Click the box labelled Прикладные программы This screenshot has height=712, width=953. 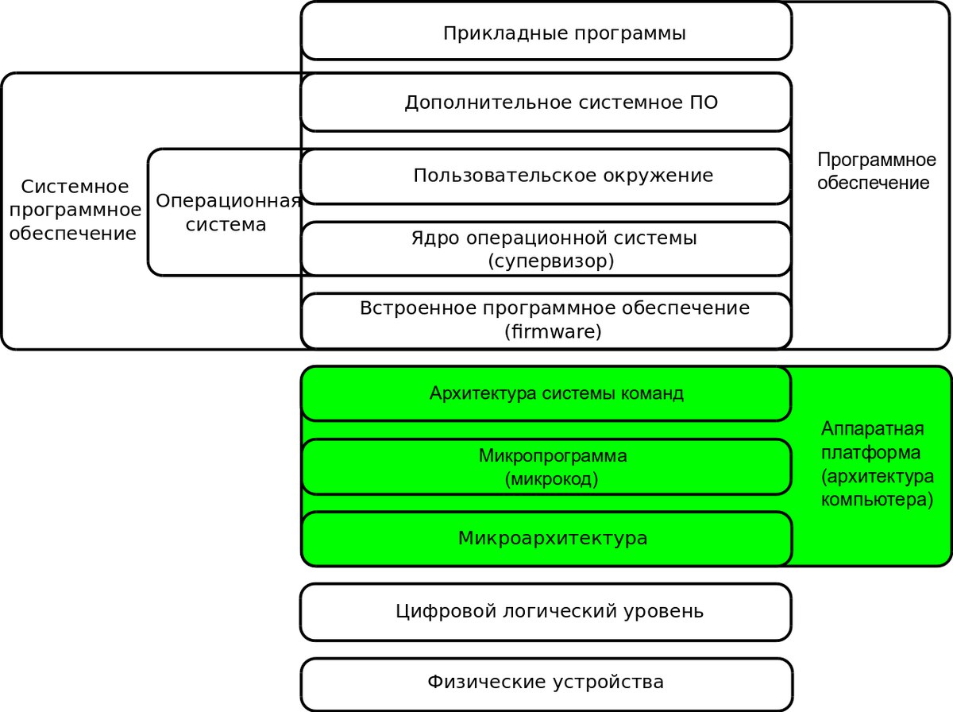(546, 31)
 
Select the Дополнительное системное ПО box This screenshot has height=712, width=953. (546, 103)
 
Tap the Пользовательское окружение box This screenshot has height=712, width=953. (546, 176)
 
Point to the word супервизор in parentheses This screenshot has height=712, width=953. (551, 261)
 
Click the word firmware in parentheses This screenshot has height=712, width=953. (553, 331)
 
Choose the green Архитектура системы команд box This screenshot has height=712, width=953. (546, 394)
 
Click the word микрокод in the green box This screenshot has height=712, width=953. (551, 479)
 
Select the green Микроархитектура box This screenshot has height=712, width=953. (546, 539)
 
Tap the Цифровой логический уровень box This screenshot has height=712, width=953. (546, 613)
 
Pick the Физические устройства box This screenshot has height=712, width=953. (546, 685)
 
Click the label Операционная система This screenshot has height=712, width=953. (227, 213)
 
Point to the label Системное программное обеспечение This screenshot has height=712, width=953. (75, 211)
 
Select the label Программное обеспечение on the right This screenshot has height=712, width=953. (876, 171)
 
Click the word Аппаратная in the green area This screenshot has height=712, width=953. (873, 429)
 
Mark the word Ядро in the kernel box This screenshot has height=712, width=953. (435, 238)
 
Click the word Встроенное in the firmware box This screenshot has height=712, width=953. (419, 308)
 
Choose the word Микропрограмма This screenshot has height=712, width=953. (553, 456)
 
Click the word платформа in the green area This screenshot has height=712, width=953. (870, 453)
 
